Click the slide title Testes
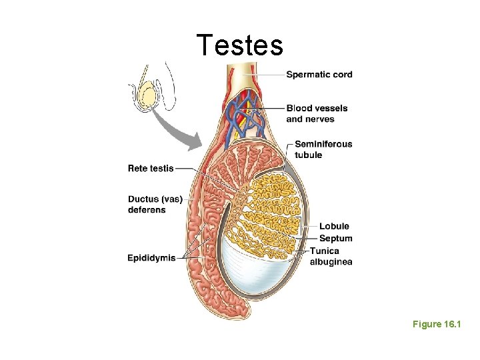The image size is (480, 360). point(240,45)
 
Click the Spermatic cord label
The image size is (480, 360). point(319,75)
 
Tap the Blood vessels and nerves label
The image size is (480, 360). point(316,113)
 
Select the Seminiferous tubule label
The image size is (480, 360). point(323,149)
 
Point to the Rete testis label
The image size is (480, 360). point(151,168)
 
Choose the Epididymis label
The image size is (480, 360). point(151,258)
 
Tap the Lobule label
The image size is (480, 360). point(334,227)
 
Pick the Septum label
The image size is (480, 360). point(335,239)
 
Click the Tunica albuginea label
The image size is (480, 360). point(331,256)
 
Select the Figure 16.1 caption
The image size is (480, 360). point(437,324)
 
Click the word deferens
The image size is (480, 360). point(147,209)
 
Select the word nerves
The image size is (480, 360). point(319,119)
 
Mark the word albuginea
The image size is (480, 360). point(331,262)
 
